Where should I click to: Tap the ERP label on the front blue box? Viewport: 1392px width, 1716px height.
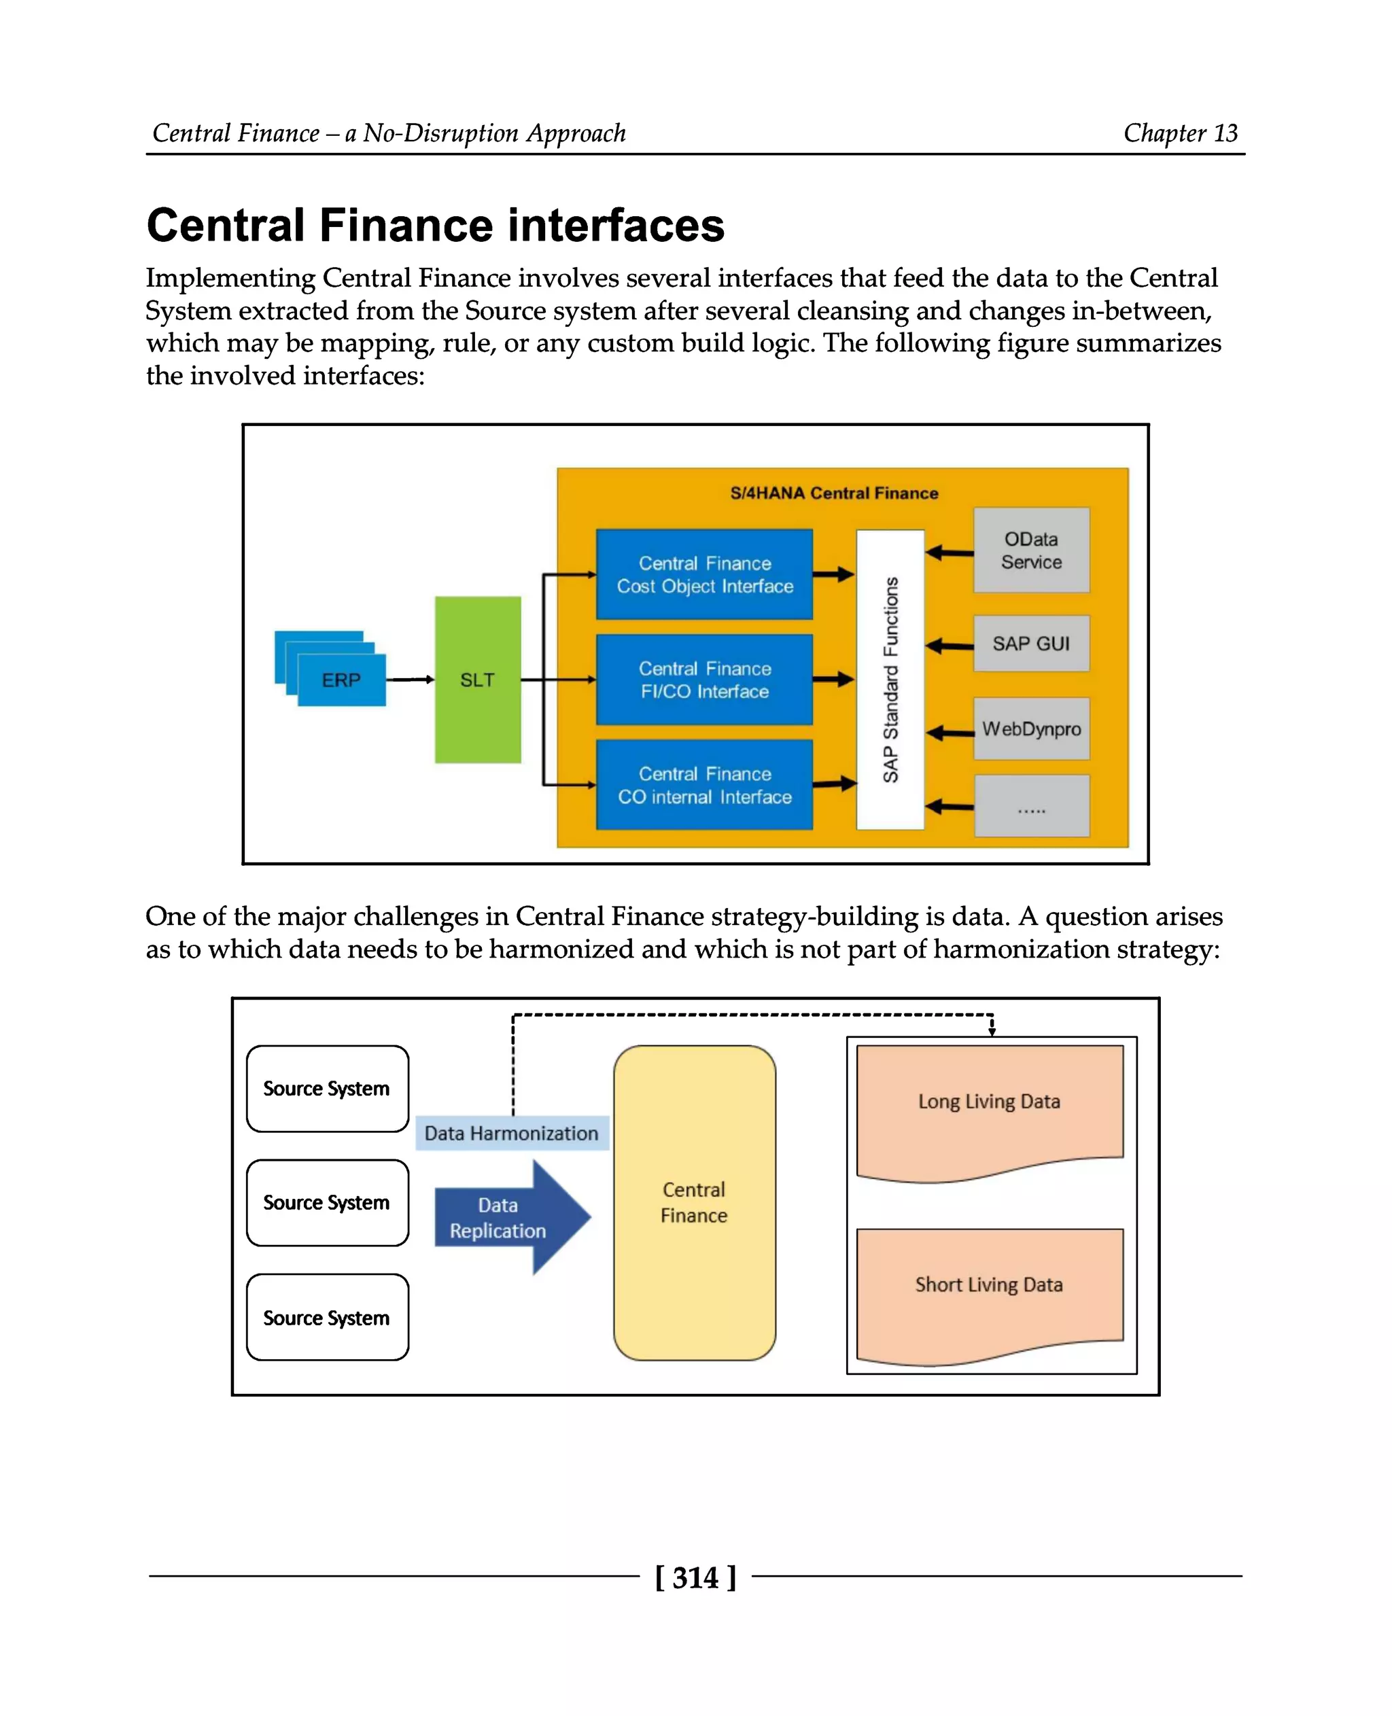click(342, 680)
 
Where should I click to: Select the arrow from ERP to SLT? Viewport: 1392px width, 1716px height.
click(410, 679)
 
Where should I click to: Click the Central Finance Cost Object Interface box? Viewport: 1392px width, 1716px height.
click(704, 574)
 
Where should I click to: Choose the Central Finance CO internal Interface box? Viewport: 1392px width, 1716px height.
click(704, 784)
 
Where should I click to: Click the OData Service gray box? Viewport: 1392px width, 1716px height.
click(1031, 550)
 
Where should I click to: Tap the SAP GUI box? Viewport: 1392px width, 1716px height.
click(1031, 643)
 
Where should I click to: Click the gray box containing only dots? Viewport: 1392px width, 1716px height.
click(1031, 806)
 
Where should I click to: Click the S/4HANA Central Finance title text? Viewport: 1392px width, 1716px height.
click(834, 493)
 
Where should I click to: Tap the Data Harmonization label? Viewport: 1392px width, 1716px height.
click(512, 1133)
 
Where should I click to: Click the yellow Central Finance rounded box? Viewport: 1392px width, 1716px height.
click(695, 1202)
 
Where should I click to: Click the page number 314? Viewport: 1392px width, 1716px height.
click(695, 1577)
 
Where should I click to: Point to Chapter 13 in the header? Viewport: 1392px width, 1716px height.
click(1181, 133)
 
